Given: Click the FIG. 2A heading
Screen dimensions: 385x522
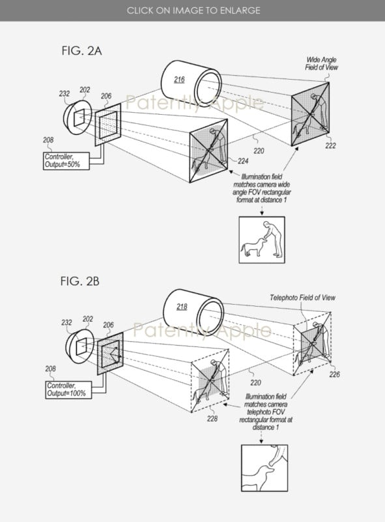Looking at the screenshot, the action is point(81,51).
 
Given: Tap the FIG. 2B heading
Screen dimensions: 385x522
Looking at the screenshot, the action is point(79,281).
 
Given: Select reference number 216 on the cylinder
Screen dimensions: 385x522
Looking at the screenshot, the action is point(179,80).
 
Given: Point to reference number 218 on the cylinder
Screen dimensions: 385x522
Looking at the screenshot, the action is point(182,307).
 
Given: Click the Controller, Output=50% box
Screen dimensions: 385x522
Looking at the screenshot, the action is point(66,161).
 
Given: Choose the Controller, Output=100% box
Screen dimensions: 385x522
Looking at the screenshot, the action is point(68,390).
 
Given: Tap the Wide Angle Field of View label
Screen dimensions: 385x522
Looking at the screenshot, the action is point(321,63).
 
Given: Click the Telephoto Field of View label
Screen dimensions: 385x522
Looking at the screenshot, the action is point(302,298).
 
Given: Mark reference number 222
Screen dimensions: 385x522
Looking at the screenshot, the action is point(330,146).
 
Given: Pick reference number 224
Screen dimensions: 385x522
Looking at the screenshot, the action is point(243,161).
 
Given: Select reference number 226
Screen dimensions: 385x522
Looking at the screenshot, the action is point(334,375).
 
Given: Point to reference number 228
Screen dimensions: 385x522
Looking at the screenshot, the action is point(212,418).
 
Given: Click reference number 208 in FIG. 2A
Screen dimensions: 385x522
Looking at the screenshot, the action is point(48,140).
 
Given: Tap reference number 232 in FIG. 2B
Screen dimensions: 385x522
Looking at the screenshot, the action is point(66,322).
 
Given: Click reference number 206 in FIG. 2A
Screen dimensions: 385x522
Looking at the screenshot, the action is point(106,96).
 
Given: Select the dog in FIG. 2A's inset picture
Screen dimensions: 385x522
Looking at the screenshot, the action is point(253,247).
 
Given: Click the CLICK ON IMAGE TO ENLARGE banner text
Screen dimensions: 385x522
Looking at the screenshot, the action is point(193,10).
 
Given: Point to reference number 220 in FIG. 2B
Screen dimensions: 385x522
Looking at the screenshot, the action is point(255,383).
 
